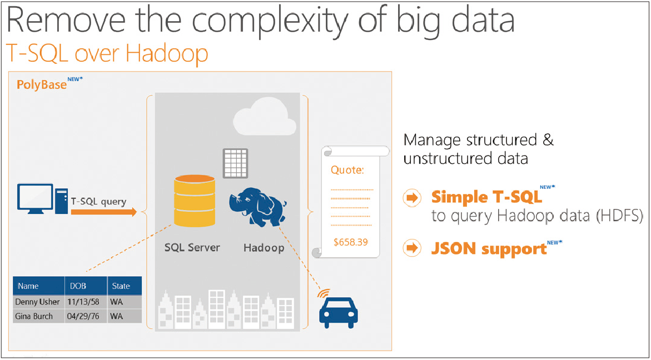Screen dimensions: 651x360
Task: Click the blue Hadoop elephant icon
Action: (x=259, y=206)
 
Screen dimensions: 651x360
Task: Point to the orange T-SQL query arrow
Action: (x=104, y=212)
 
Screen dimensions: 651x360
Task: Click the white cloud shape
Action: (x=265, y=116)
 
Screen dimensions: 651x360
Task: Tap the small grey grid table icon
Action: (x=235, y=163)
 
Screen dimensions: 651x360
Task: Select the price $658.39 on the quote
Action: (x=351, y=242)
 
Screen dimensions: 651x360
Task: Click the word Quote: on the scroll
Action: (x=347, y=169)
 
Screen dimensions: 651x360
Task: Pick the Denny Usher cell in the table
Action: (x=37, y=301)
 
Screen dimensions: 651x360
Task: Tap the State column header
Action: (x=121, y=286)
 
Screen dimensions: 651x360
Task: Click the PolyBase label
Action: (x=42, y=84)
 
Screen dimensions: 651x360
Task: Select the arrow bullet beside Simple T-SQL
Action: (x=411, y=198)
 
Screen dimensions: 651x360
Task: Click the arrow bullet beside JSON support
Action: (x=411, y=248)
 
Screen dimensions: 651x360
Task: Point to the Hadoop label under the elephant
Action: (x=264, y=248)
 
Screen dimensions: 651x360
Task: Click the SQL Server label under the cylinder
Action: (x=192, y=248)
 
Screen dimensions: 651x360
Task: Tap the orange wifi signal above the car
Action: (x=322, y=292)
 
